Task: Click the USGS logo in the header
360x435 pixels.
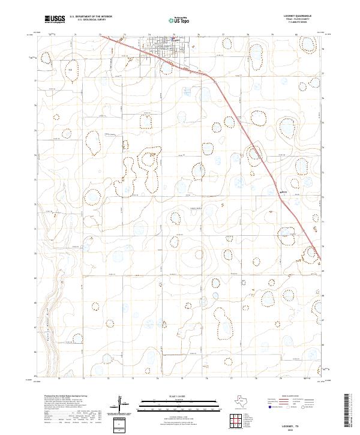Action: pos(55,19)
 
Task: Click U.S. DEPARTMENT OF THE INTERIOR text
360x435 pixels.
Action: pos(91,17)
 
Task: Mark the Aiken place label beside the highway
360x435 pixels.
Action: pos(286,192)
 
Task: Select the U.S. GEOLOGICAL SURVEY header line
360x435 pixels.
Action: pos(91,20)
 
